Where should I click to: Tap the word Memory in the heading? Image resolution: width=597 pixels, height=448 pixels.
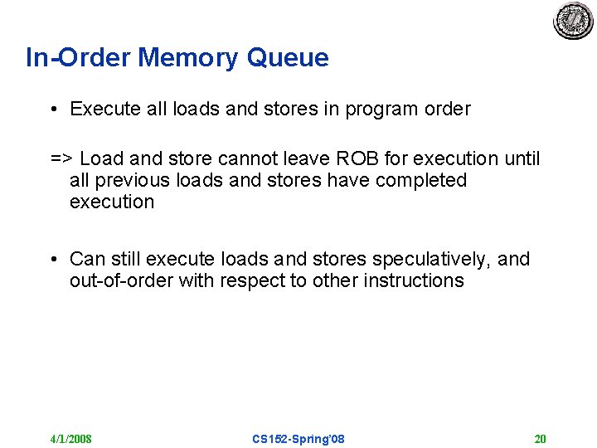pos(188,58)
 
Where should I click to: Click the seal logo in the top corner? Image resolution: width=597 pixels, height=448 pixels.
pos(573,22)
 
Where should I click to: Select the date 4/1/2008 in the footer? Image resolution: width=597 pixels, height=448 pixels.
pos(70,439)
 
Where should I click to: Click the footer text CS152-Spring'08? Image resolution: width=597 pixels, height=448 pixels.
pos(298,439)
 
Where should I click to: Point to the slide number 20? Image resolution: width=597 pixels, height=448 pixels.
pos(540,439)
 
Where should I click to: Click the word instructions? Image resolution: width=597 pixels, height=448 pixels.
pos(414,280)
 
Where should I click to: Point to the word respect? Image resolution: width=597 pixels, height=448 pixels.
pos(252,280)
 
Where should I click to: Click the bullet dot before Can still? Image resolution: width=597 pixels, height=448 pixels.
pos(52,260)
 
